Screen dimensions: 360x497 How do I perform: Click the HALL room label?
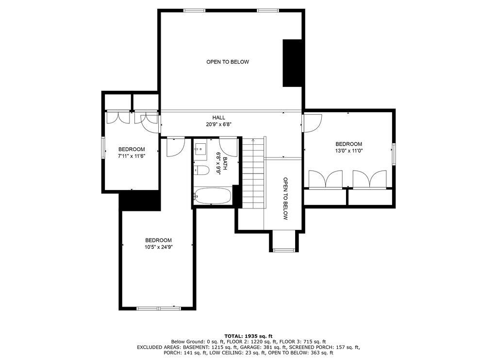tap(218, 118)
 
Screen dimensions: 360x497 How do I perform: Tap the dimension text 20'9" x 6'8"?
tap(218, 124)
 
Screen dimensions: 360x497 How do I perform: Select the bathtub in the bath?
tap(212, 197)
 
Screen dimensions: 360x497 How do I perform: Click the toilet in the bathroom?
tap(200, 170)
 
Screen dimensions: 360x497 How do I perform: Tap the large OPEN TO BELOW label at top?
tap(227, 62)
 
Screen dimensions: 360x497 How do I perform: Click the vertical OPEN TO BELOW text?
tap(285, 198)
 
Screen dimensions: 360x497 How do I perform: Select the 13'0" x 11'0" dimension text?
tap(348, 151)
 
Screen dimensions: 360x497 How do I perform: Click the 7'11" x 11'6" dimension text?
tap(131, 156)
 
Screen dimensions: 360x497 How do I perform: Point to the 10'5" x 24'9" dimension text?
tap(158, 247)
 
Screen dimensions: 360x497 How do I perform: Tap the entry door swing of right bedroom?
tap(312, 122)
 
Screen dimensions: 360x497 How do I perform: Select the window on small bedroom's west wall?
tap(103, 147)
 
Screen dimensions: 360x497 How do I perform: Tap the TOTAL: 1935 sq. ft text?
tap(248, 336)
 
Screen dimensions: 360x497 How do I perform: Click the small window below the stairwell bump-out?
tap(284, 250)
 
